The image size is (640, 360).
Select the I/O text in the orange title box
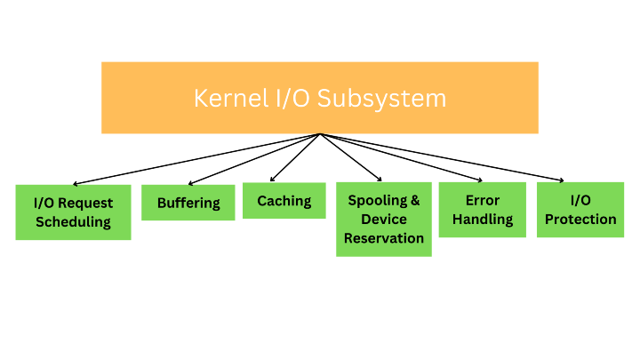pos(284,98)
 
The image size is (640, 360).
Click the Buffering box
pos(188,203)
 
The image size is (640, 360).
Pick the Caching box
pos(284,201)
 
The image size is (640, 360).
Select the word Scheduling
pos(73,221)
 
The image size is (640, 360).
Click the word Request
pos(86,203)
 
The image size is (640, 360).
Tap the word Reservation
pos(384,237)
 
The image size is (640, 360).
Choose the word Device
pos(384,219)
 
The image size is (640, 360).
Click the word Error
pos(483,200)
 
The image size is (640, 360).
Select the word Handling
pos(483,219)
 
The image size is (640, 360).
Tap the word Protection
pos(580,219)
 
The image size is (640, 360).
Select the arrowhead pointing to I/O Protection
pos(561,180)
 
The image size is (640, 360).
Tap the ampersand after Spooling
pos(414,200)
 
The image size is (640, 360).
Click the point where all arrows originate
pos(320,134)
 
